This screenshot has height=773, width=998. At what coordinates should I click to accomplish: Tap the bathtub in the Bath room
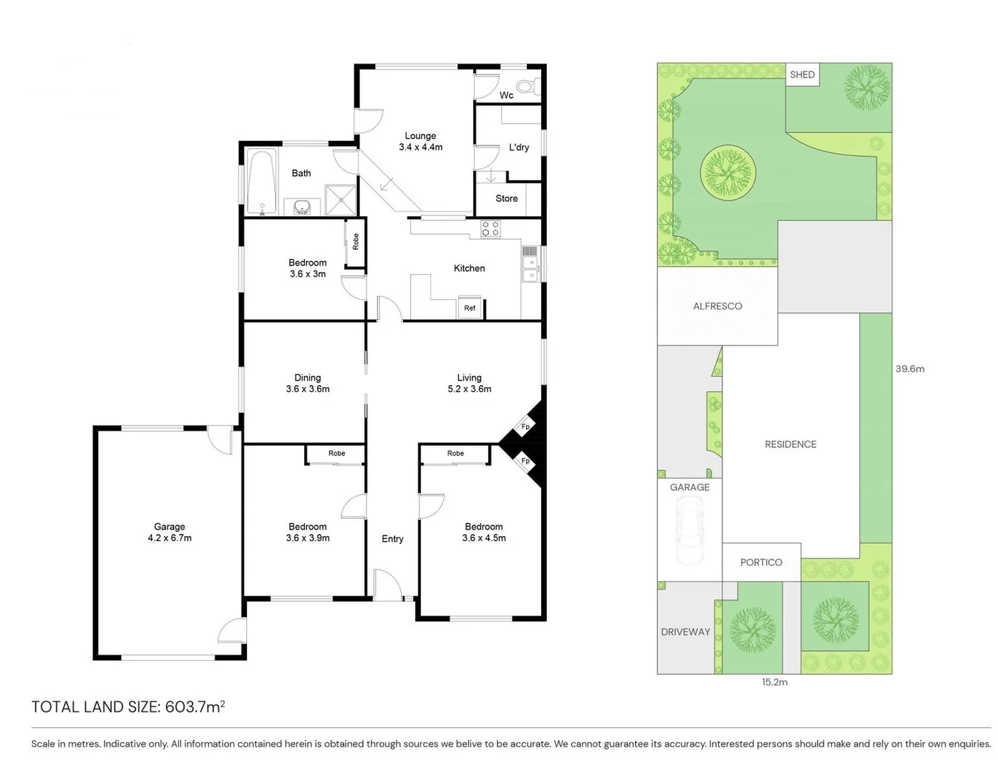tap(261, 182)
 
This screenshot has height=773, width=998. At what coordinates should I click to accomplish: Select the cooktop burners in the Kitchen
tap(490, 229)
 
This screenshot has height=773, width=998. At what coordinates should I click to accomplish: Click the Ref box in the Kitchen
tap(470, 308)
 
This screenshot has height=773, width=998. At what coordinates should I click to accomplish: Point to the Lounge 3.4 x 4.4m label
tap(420, 141)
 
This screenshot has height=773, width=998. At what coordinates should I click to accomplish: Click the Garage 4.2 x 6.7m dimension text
tap(170, 538)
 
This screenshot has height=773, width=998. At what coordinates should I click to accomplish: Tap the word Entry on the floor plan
tap(392, 539)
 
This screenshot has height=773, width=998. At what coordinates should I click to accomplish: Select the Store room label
tap(506, 198)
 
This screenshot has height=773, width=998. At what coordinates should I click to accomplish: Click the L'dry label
tap(519, 147)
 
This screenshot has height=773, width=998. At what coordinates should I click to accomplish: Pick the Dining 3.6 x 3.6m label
tap(307, 383)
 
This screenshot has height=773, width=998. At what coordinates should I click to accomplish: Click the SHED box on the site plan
tap(802, 74)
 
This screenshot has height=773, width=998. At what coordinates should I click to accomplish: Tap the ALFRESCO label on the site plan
tap(717, 306)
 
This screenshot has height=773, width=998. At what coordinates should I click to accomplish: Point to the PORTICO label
tap(761, 562)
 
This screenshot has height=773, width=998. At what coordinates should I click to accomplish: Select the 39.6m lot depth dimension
tap(909, 369)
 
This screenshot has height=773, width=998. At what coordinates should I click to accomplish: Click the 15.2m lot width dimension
tap(775, 682)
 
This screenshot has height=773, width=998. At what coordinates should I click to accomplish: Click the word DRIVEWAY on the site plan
tap(685, 631)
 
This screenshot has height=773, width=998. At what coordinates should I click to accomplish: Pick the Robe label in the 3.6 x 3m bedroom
tap(355, 242)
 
